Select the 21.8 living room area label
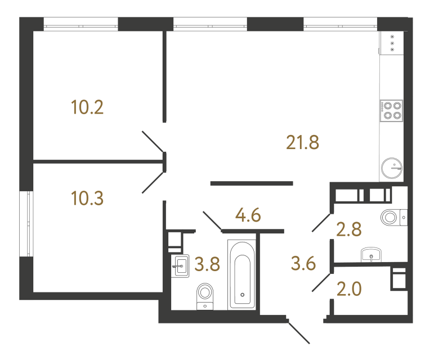303,142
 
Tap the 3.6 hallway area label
305,262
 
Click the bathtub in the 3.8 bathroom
243,273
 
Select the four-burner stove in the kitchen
391,111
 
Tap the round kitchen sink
392,167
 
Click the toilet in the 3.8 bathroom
205,296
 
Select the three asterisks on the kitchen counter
392,43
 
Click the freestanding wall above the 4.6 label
252,183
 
